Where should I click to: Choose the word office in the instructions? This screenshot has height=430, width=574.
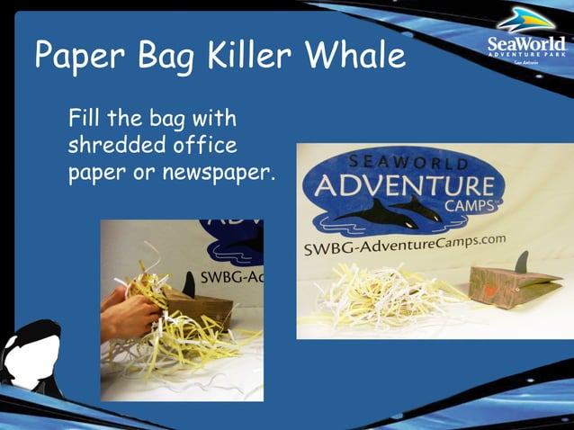pos(206,145)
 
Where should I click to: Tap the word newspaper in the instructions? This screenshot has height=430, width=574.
pos(220,173)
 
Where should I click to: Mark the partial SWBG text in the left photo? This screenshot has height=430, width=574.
pos(229,275)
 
